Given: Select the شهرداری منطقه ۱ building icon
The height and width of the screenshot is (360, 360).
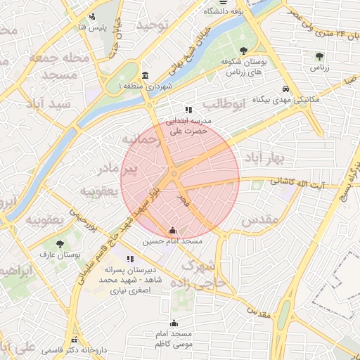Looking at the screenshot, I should pos(145,75).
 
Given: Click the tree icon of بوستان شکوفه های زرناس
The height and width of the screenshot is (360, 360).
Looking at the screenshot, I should pos(243,51).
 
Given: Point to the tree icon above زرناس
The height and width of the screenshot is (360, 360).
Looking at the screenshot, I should pos(320,56).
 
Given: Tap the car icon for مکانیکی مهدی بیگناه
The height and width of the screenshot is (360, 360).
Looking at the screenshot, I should pos(285,89).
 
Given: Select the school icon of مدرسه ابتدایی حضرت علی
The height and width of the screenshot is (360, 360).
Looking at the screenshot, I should pos(188,110).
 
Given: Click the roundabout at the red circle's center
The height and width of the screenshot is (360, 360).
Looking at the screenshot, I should pos(174,174).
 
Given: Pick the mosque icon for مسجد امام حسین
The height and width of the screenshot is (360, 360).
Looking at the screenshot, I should pos(173,230).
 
